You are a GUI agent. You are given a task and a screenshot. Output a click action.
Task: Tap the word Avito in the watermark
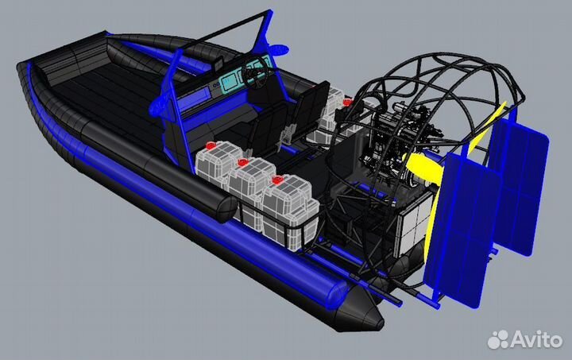(536, 339)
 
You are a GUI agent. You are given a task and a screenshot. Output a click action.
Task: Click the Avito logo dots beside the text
(498, 339)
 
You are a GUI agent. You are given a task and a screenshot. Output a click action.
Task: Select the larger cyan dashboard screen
(228, 81)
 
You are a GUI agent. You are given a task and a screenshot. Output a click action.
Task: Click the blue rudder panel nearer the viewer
(458, 229)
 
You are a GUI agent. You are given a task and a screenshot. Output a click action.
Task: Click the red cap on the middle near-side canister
(242, 162)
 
